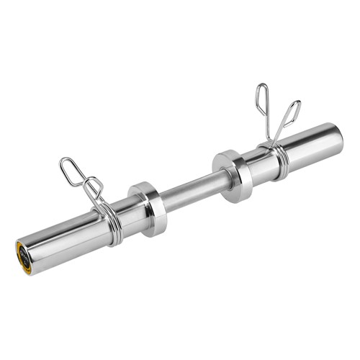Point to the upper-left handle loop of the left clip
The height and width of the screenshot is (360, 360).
[x=72, y=170]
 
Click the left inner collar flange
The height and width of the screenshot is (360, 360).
[x=150, y=208]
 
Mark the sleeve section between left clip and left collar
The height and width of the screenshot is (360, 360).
[x=126, y=213]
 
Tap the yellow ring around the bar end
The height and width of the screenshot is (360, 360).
[x=19, y=253]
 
